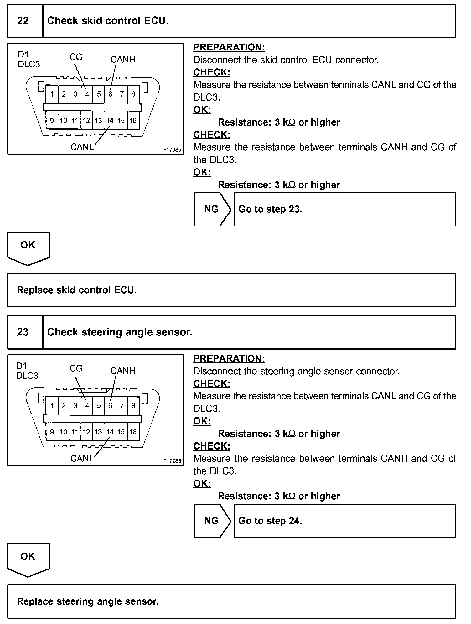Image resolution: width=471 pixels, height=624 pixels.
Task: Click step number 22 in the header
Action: point(23,21)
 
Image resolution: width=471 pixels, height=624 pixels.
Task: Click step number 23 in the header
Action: point(23,332)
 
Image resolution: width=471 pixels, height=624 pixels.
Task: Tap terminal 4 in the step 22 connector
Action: point(87,94)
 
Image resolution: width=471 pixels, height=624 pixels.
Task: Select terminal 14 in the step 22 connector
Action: point(110,121)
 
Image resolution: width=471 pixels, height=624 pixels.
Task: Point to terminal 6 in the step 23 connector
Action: point(110,406)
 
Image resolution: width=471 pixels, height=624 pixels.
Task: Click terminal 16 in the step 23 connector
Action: point(133,432)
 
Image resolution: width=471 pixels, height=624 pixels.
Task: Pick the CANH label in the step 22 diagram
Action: point(123,60)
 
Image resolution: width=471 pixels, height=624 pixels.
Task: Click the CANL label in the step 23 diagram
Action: point(82,459)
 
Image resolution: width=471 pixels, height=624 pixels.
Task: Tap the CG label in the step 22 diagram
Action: point(76,57)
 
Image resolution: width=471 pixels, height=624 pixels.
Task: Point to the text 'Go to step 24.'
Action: point(270,521)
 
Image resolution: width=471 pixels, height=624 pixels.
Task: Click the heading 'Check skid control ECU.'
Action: point(108,21)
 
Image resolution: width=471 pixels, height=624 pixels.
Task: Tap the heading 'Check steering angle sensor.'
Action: point(119,332)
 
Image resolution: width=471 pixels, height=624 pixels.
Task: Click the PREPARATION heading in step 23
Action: point(229,359)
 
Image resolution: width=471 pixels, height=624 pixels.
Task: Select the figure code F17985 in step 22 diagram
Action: point(172,150)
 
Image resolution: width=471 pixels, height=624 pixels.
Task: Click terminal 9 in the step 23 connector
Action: point(52,432)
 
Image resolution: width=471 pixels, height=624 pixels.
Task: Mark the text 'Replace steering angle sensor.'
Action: point(87,601)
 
